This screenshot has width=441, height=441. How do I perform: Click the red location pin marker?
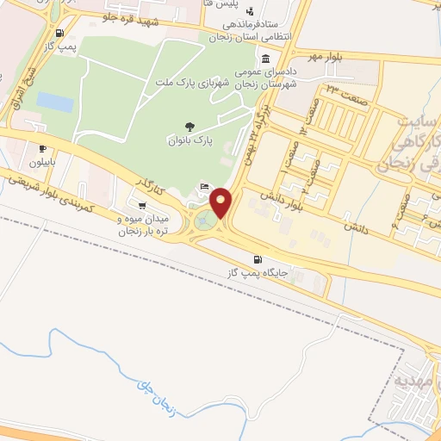tap(221, 202)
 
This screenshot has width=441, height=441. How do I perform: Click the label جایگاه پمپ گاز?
tap(256, 273)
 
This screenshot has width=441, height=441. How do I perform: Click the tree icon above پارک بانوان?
tap(189, 127)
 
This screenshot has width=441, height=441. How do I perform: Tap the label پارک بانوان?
tap(189, 140)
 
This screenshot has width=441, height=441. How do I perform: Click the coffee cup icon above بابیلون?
tap(42, 149)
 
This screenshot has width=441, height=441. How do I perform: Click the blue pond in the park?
tap(54, 102)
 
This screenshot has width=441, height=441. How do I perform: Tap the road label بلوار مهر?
tap(326, 58)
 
